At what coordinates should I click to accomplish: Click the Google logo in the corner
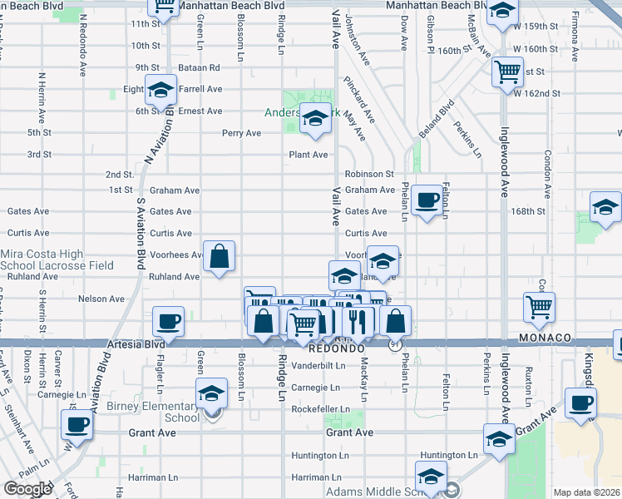(27, 489)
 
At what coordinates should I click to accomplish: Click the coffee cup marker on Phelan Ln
(427, 200)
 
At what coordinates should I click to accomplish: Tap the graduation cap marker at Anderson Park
(315, 121)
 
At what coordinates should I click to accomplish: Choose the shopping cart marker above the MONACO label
(540, 307)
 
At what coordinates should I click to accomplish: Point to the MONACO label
(545, 338)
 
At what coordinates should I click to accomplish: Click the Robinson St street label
(369, 175)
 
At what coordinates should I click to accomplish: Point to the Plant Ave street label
(308, 155)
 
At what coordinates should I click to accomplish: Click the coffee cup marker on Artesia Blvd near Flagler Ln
(169, 321)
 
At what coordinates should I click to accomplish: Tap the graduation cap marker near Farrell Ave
(160, 89)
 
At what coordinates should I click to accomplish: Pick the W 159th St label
(536, 27)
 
